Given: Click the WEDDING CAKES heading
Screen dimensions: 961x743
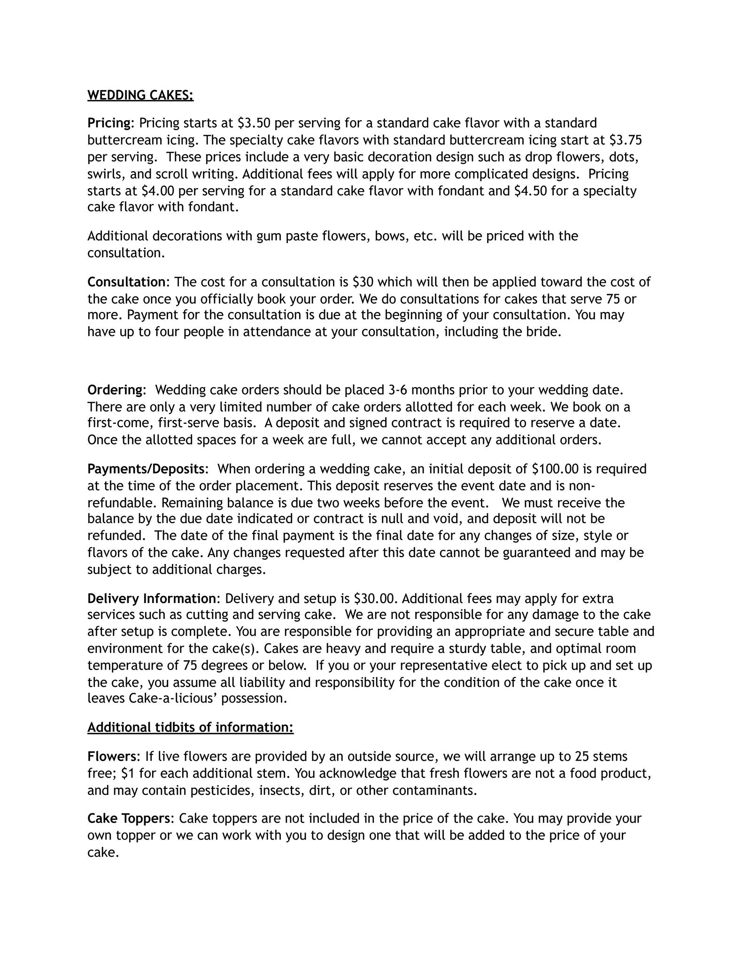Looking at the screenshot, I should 140,95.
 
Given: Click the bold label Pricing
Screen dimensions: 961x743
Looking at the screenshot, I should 109,123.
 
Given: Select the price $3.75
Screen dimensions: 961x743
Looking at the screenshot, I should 626,140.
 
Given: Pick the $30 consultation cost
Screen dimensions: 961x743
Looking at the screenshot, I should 363,282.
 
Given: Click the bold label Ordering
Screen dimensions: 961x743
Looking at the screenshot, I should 115,390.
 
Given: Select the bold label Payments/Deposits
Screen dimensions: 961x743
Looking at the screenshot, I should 146,469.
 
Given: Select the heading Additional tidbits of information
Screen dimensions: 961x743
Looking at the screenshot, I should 190,727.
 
